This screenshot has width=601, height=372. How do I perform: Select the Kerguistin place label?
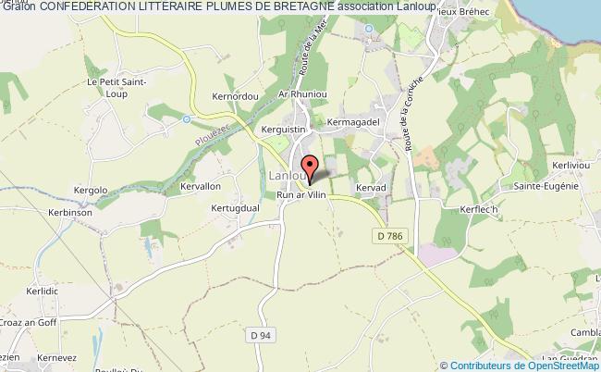tap(284, 130)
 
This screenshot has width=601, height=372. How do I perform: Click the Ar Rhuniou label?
tap(287, 94)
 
